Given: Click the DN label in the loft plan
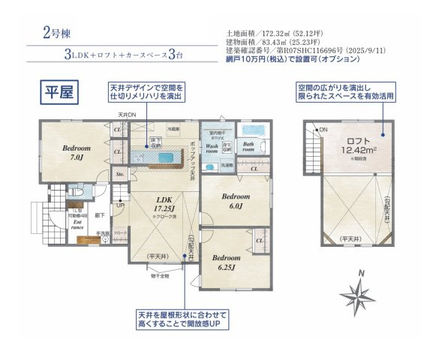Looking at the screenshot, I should click(x=324, y=130).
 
